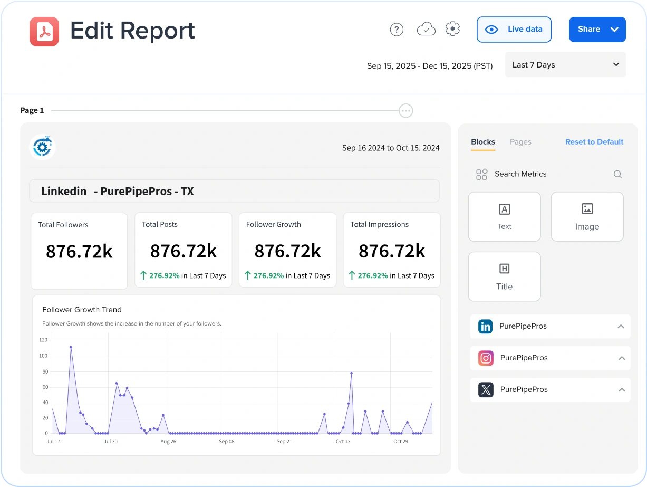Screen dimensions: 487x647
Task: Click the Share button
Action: pos(588,30)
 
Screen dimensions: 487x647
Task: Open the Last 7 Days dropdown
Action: pos(565,65)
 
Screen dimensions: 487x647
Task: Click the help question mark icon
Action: pos(397,30)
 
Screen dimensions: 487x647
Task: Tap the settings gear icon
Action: pos(452,29)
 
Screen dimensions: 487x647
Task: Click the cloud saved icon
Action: pos(426,30)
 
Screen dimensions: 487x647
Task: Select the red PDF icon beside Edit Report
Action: pos(44,32)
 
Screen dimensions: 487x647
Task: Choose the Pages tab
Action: pos(520,142)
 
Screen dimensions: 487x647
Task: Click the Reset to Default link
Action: pos(594,142)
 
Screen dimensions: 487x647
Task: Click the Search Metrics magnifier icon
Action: pos(617,174)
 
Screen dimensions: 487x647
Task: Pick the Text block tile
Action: pos(504,217)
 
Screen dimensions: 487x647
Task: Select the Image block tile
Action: pos(587,217)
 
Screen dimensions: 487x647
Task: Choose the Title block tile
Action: pos(504,276)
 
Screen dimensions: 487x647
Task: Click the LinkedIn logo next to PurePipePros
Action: pos(485,327)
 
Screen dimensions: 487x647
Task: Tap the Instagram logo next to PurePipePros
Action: pos(486,358)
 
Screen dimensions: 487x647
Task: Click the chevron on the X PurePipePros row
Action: pos(622,390)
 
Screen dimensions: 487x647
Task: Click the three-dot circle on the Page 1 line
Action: pos(405,111)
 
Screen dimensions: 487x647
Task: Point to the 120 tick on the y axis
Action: pos(43,340)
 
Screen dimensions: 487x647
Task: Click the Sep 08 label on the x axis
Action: pos(227,442)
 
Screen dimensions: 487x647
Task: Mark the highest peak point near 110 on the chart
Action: pos(71,347)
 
